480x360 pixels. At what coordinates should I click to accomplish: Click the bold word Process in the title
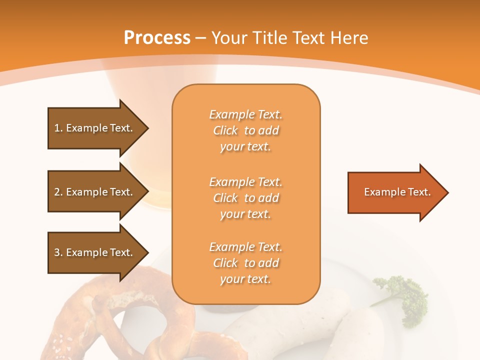coord(157,38)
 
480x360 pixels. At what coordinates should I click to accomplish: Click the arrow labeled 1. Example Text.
coord(95,128)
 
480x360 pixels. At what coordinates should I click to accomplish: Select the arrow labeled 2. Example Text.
coord(95,192)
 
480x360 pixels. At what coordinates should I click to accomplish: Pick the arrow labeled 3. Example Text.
coord(95,252)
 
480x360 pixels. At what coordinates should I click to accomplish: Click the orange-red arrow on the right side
coord(395,192)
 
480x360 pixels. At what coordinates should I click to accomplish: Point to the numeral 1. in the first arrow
coord(58,128)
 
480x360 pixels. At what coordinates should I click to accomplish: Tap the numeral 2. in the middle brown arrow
coord(58,192)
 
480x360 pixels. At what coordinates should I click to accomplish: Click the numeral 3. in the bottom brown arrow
coord(58,252)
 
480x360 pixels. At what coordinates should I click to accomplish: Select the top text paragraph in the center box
coord(245,130)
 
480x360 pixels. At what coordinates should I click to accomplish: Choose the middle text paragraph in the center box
coord(245,198)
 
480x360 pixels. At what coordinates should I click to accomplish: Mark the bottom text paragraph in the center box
coord(245,263)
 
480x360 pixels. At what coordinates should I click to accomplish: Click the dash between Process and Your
coord(201,38)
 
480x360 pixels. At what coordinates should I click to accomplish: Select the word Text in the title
coord(310,38)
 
